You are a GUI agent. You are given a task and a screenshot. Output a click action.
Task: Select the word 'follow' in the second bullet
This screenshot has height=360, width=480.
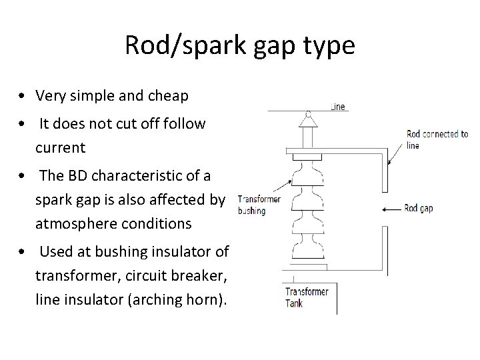click(x=186, y=124)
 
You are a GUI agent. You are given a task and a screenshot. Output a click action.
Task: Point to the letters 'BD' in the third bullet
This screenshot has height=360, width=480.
click(x=77, y=176)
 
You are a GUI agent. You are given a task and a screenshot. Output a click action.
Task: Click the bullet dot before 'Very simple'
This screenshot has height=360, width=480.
click(x=23, y=97)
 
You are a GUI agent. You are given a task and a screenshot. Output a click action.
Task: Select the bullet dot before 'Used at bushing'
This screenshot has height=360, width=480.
click(x=23, y=253)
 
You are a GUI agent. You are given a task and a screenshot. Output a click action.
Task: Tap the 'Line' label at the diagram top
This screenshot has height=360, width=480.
click(x=338, y=106)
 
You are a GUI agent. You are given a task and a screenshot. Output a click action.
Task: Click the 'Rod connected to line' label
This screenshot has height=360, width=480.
click(x=437, y=139)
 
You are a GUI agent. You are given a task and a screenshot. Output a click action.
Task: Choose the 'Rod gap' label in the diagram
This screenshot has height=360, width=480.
click(x=419, y=209)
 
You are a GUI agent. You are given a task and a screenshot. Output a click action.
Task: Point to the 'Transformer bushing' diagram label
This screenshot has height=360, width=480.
click(x=259, y=205)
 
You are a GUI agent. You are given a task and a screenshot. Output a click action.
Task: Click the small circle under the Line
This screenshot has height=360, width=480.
click(x=307, y=113)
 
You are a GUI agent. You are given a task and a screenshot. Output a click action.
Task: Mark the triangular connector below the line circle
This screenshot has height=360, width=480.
click(x=307, y=122)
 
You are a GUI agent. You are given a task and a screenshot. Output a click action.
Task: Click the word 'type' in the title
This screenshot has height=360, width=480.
click(x=329, y=46)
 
